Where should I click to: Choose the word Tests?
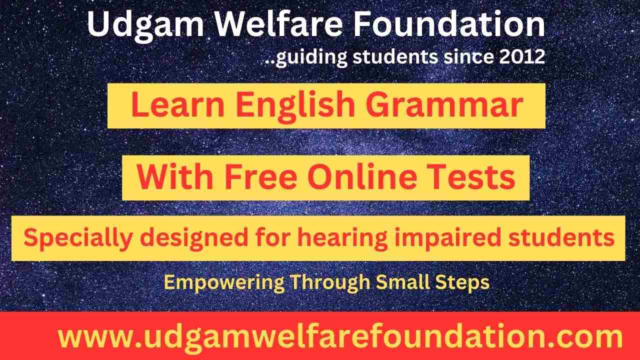[x=475, y=177]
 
